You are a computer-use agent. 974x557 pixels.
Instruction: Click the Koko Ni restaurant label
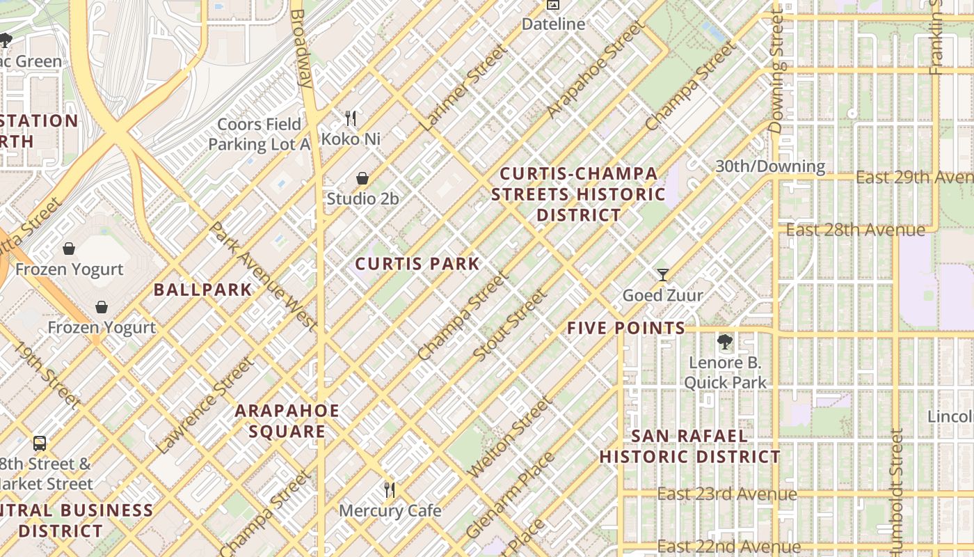(x=351, y=139)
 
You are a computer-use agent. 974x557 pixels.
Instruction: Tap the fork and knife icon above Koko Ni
(x=351, y=118)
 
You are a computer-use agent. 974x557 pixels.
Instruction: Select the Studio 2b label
(x=362, y=199)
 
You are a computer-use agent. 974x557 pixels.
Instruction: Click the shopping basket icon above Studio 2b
(x=362, y=179)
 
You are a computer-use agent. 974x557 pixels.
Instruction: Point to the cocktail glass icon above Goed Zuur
(x=662, y=275)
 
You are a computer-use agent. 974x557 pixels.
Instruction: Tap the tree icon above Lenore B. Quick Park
(x=725, y=342)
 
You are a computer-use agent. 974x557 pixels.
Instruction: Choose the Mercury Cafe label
(x=390, y=511)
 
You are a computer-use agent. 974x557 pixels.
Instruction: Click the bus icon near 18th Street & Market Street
(x=40, y=444)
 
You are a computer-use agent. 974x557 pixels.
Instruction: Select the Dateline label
(x=553, y=24)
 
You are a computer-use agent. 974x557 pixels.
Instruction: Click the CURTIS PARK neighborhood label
(x=417, y=264)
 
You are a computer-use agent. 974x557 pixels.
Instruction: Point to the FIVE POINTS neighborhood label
(x=626, y=328)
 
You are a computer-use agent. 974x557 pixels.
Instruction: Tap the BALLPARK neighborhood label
(x=202, y=290)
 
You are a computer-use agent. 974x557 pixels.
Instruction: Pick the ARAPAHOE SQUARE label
(x=287, y=421)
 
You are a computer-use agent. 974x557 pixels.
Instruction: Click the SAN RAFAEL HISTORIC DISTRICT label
(x=689, y=446)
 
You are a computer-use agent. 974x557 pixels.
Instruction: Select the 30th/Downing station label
(x=770, y=166)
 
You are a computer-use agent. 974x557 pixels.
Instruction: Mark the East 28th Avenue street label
(x=855, y=230)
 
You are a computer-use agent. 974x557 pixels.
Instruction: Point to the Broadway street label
(x=301, y=47)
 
